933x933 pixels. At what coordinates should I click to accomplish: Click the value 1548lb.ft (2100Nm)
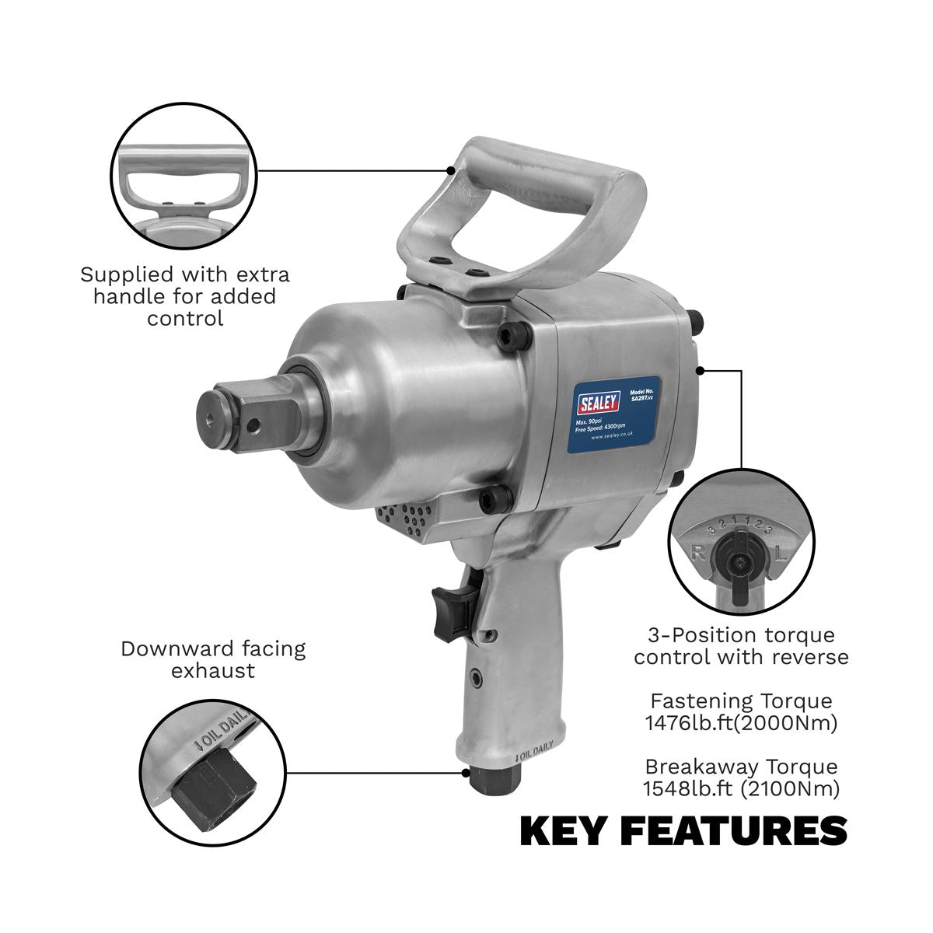click(740, 789)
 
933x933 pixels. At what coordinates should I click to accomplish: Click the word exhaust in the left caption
click(213, 670)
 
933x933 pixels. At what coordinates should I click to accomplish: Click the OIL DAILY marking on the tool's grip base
click(534, 756)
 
